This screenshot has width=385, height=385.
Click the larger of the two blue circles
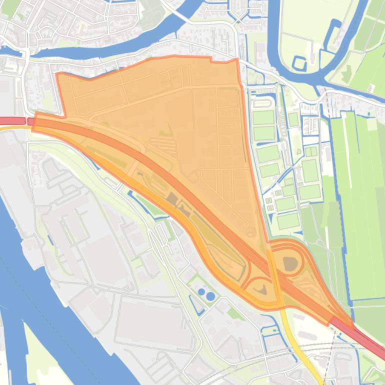click(x=210, y=296)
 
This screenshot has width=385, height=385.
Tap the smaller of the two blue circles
click(x=201, y=291)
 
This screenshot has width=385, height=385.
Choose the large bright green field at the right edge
click(x=357, y=200)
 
